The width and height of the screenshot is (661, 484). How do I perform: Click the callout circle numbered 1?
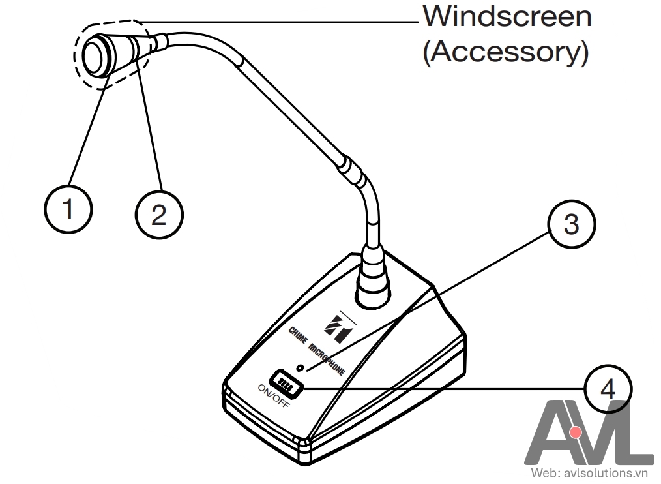click(68, 209)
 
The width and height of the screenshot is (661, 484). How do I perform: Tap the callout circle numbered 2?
click(159, 215)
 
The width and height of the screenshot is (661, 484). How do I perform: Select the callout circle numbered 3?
click(571, 224)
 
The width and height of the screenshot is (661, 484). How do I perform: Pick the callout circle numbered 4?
click(608, 389)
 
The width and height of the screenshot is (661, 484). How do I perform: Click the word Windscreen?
click(507, 17)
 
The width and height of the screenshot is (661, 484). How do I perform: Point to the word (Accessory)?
click(505, 52)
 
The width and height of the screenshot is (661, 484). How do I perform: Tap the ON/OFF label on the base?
click(274, 396)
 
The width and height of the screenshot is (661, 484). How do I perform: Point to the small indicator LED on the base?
click(300, 368)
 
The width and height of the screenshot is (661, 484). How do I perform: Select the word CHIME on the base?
click(298, 337)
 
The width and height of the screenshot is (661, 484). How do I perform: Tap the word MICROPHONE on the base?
click(327, 359)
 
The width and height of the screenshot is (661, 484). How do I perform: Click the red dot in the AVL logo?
click(575, 432)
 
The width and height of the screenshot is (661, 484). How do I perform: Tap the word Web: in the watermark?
click(546, 473)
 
